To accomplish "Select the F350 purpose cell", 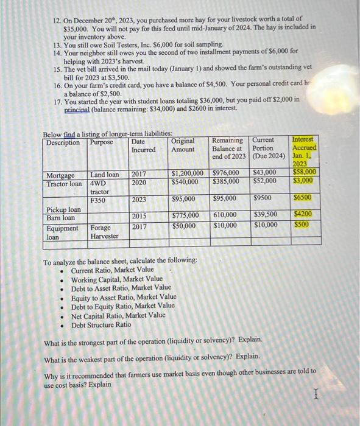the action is click(x=98, y=199).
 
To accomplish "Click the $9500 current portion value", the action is click(x=263, y=199).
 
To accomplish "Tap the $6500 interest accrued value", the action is click(x=303, y=199).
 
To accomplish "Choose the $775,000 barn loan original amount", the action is click(x=185, y=216).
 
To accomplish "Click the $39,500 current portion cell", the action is click(x=265, y=216).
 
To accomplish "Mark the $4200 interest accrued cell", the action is click(x=303, y=215).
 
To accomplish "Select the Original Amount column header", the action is click(x=183, y=145).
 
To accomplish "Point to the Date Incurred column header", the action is click(x=143, y=145).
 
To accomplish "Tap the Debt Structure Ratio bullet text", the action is click(x=101, y=324).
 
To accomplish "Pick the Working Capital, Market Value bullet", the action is click(x=112, y=279).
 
